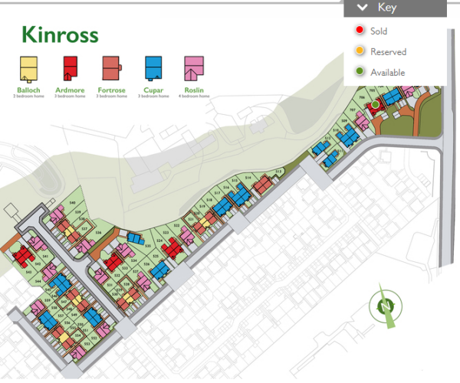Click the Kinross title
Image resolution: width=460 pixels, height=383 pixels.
[60, 35]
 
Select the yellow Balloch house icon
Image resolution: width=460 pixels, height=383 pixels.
[28, 69]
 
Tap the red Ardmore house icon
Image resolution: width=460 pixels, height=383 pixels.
[69, 69]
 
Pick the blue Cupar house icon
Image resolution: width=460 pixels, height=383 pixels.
[153, 69]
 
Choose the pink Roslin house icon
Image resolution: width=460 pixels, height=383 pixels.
[193, 69]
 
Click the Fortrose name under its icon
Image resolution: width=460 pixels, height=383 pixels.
[111, 90]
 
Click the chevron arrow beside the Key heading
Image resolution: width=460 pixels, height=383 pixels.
[361, 8]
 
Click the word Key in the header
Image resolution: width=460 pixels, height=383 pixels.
[387, 8]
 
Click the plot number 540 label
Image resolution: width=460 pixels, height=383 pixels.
[73, 202]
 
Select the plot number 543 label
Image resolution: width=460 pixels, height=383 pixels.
[28, 272]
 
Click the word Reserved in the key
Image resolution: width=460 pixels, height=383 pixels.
[388, 52]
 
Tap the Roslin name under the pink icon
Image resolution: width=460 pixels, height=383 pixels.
[193, 90]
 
